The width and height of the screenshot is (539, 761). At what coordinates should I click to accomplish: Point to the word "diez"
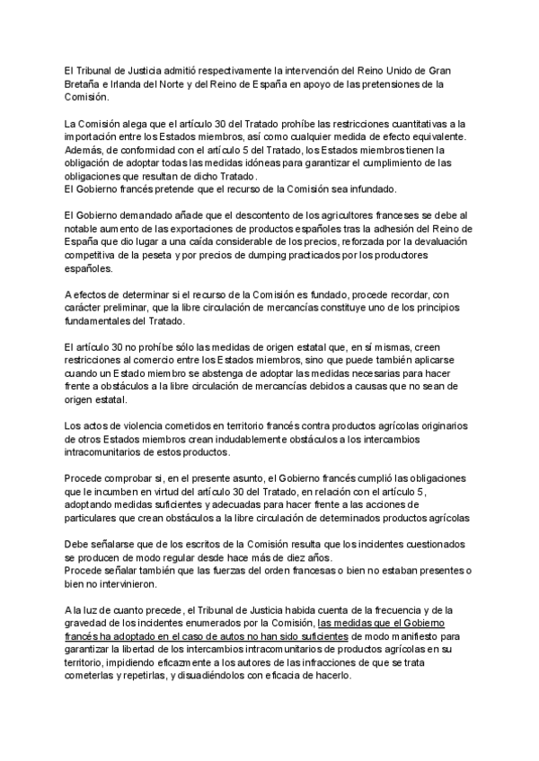coord(297,557)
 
